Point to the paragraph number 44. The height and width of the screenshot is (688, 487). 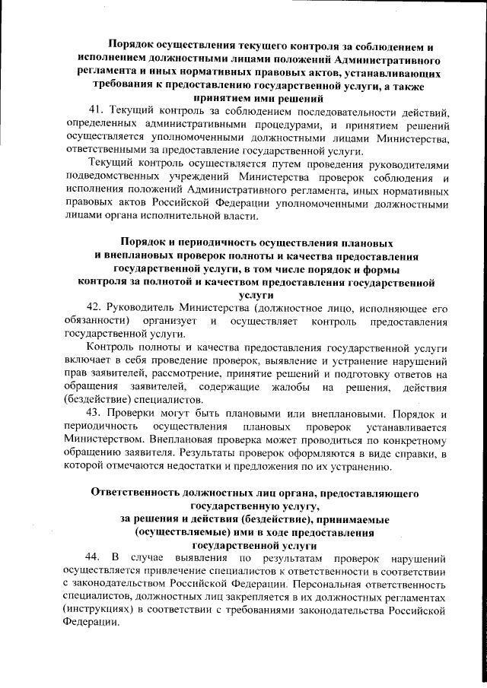(x=93, y=557)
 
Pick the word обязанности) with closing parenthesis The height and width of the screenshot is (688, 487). (x=96, y=321)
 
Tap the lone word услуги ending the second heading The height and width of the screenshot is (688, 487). (x=256, y=294)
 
